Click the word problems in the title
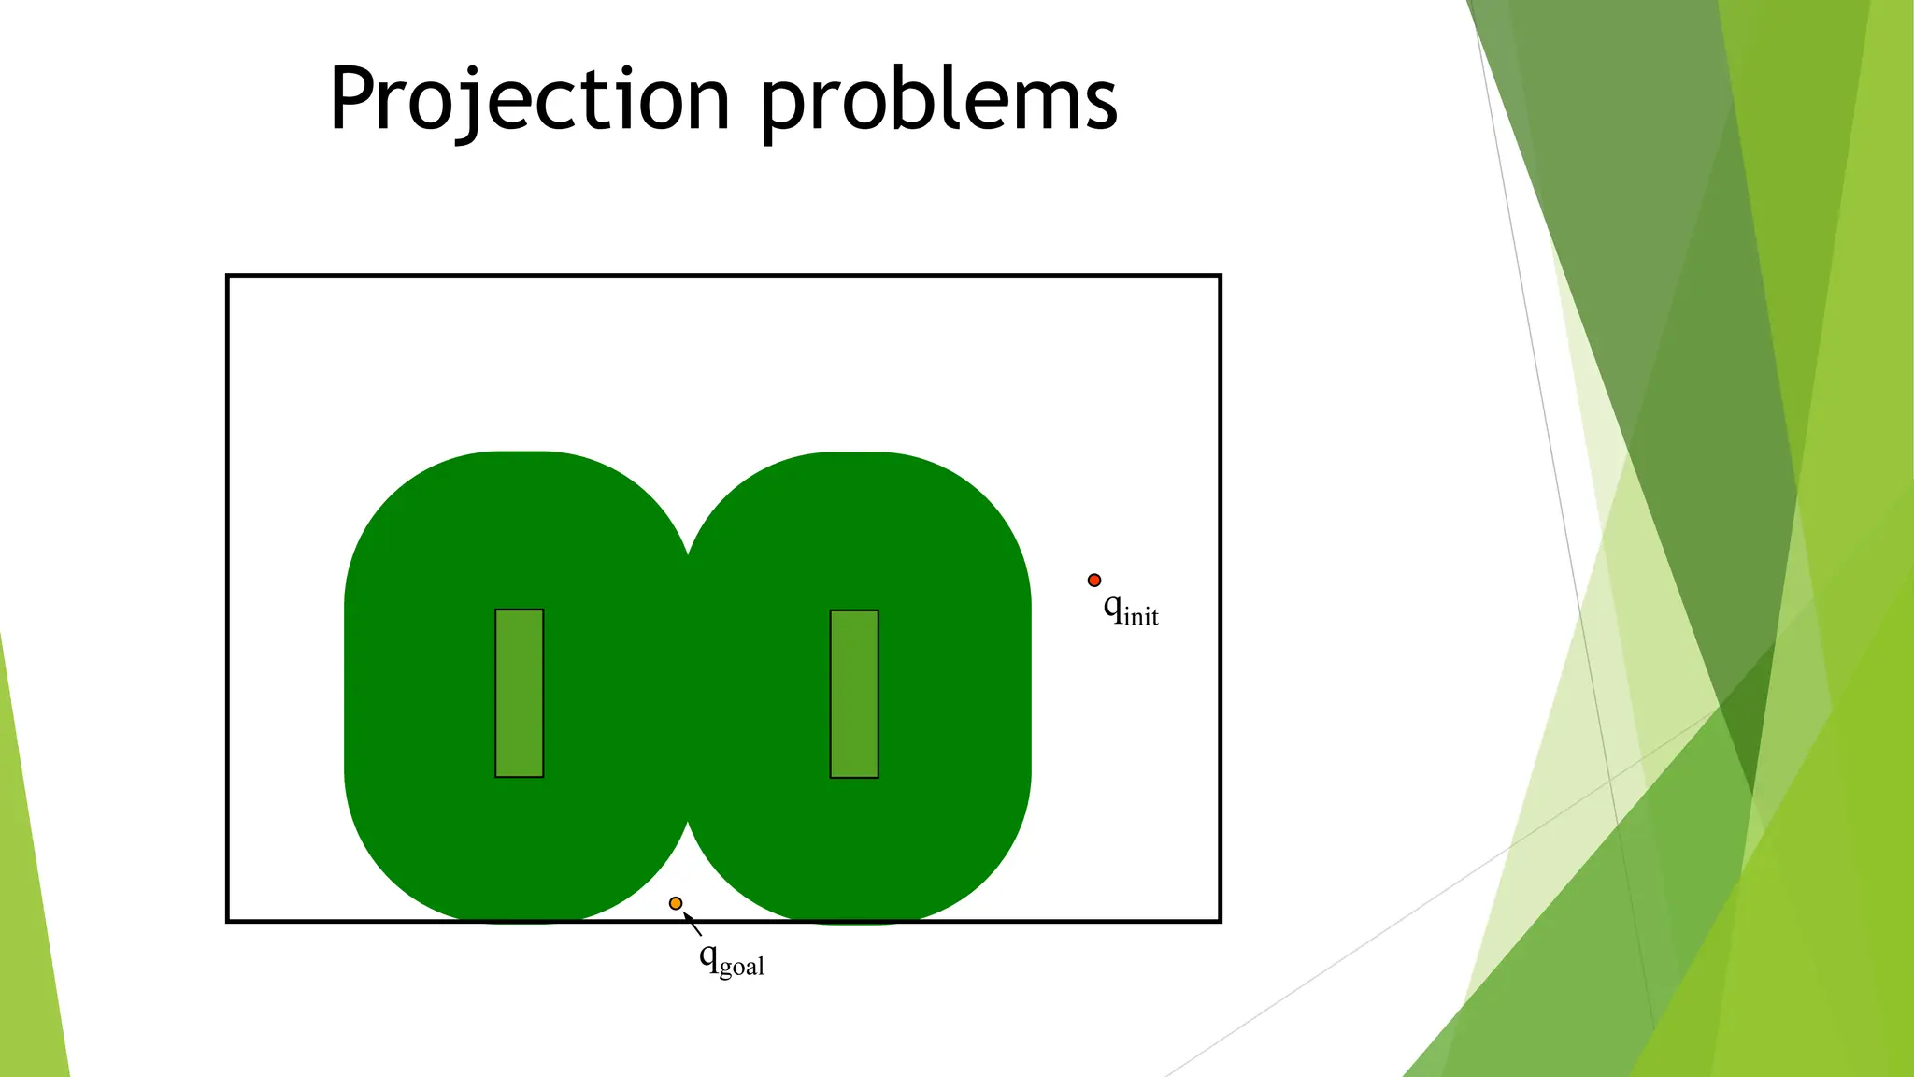pos(938,101)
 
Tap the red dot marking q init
pos(1094,581)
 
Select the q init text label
pos(1130,610)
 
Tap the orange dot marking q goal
pos(676,903)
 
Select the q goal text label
pos(731,960)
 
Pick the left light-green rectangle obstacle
pos(519,693)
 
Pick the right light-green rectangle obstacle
pos(854,694)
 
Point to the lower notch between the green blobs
pos(688,823)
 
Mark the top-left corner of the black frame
pos(228,276)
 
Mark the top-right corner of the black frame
pos(1220,276)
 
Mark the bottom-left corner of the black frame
pos(228,921)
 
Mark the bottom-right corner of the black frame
pos(1220,921)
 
